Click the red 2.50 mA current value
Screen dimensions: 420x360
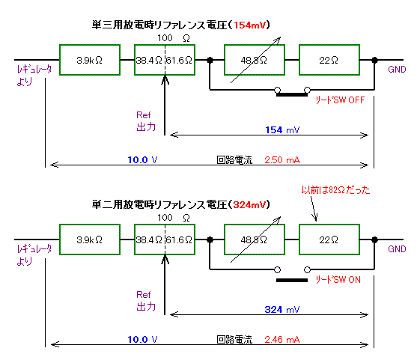point(281,160)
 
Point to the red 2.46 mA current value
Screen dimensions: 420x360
point(281,339)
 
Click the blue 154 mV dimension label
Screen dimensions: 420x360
point(282,130)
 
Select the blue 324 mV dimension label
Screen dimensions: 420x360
point(282,309)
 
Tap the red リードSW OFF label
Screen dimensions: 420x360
point(340,100)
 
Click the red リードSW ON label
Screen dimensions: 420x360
point(338,280)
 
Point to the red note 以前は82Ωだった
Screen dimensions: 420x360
point(335,190)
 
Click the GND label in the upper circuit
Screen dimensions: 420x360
point(397,70)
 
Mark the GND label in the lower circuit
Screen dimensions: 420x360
point(397,249)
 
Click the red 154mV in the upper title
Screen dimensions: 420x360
point(250,25)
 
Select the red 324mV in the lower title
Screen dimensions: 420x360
point(250,205)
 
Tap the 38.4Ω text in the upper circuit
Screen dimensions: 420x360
point(149,61)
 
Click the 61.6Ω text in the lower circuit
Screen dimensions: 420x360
point(179,240)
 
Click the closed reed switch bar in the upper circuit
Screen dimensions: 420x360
point(292,94)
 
